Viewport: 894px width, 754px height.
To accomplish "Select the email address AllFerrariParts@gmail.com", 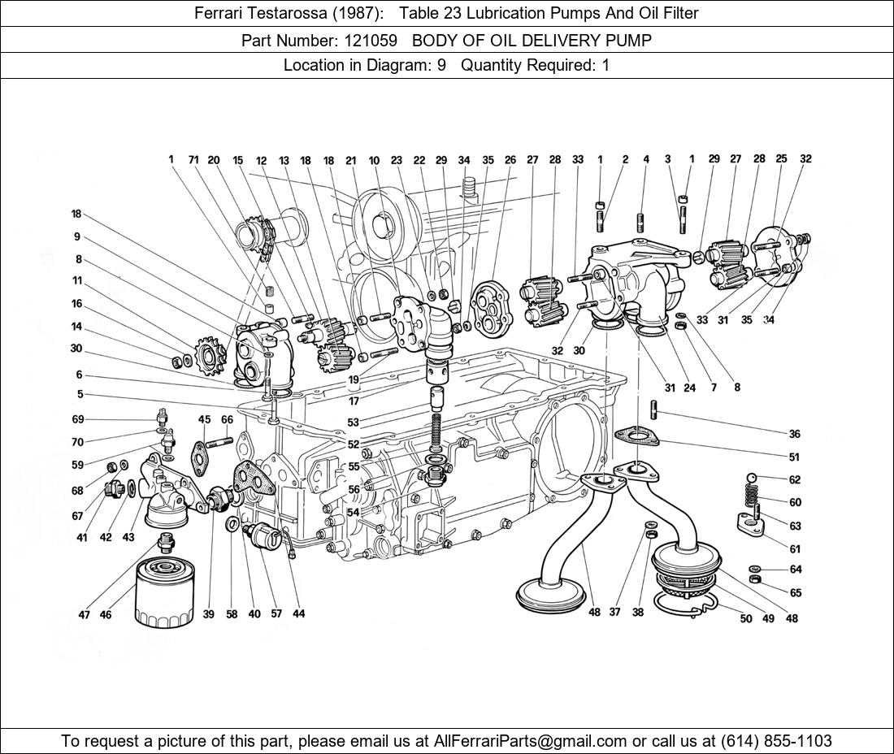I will pyautogui.click(x=531, y=740).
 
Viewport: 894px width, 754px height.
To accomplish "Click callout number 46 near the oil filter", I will pyautogui.click(x=106, y=615).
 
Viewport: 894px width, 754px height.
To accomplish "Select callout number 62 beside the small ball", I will pyautogui.click(x=795, y=480).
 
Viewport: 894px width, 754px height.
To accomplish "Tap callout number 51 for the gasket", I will pyautogui.click(x=794, y=457).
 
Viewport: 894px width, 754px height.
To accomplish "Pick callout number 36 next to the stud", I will pyautogui.click(x=794, y=434).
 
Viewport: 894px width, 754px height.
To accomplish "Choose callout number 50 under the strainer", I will pyautogui.click(x=746, y=619).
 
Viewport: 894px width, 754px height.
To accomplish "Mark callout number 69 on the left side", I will pyautogui.click(x=78, y=419).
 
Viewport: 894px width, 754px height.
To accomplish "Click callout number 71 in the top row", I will pyautogui.click(x=193, y=160).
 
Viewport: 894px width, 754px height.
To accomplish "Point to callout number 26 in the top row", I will pyautogui.click(x=510, y=160).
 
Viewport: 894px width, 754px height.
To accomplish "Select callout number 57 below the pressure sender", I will pyautogui.click(x=276, y=614).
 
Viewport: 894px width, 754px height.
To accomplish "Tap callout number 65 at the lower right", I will pyautogui.click(x=795, y=593).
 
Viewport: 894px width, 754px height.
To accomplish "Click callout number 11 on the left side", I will pyautogui.click(x=77, y=281).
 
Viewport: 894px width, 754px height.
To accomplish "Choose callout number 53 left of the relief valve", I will pyautogui.click(x=353, y=422).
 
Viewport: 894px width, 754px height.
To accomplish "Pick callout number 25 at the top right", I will pyautogui.click(x=781, y=159).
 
